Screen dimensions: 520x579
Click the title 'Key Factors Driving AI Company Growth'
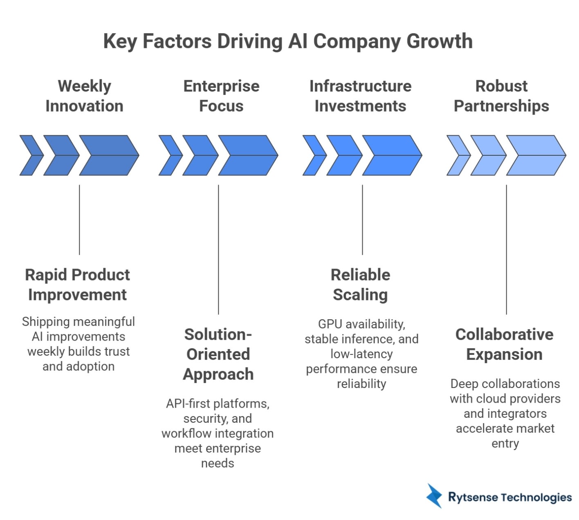point(288,42)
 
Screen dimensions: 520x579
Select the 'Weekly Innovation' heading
point(84,96)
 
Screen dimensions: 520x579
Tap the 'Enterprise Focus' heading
point(221,96)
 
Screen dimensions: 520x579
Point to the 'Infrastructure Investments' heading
point(360,96)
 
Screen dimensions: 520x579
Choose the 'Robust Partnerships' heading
point(501,96)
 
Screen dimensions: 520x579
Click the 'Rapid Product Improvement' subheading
point(77,285)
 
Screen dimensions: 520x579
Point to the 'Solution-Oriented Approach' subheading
point(218,354)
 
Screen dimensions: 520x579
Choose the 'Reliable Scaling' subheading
point(360,285)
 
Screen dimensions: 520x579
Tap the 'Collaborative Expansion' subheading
point(504,344)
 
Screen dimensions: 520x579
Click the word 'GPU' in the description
point(330,324)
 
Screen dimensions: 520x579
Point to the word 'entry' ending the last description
point(505,444)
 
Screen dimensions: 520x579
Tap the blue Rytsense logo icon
point(434,496)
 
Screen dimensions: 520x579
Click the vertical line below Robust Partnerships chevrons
point(506,249)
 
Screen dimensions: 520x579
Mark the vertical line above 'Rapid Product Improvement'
point(79,220)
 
